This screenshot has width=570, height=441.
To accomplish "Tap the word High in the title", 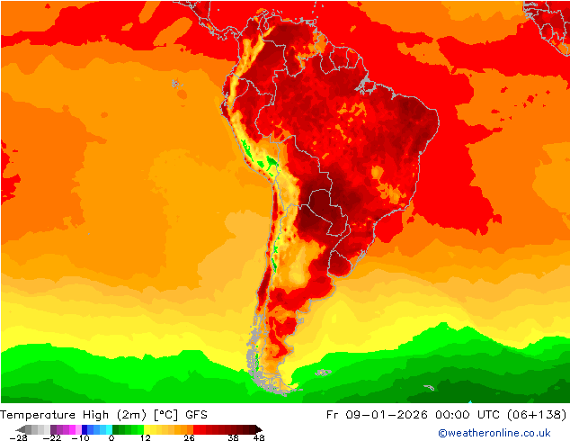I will [x=96, y=414].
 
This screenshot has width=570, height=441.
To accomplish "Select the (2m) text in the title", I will [x=134, y=414].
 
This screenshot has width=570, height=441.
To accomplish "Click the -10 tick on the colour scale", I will [x=80, y=437].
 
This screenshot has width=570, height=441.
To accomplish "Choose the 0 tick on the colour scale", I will [x=111, y=437].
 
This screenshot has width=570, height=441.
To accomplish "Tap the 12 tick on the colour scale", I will [x=145, y=437].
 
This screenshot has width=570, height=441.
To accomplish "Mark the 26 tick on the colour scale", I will [x=189, y=437].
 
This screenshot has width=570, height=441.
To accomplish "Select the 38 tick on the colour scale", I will [x=232, y=437].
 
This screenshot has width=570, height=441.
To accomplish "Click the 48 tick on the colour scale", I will [x=259, y=437].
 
